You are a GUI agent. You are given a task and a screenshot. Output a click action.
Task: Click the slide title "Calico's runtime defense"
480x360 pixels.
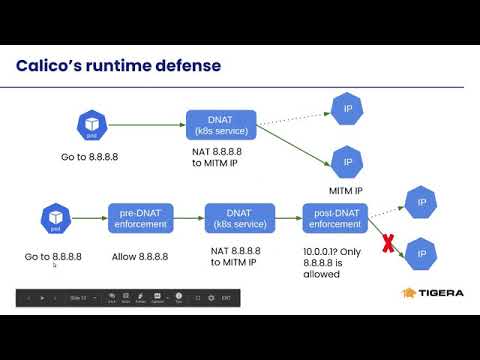point(119,66)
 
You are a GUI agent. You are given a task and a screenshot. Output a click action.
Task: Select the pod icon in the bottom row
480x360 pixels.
point(53,217)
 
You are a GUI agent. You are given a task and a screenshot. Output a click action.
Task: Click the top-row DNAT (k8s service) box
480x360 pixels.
point(222,126)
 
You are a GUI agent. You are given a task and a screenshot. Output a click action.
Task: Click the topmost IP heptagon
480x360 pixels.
point(347,108)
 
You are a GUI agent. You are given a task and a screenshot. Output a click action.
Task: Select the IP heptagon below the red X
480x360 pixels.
point(421,255)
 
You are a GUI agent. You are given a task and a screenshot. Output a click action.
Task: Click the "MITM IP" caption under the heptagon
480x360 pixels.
point(346,190)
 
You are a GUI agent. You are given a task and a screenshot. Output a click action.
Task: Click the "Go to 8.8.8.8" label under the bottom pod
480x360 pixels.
point(53,257)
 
